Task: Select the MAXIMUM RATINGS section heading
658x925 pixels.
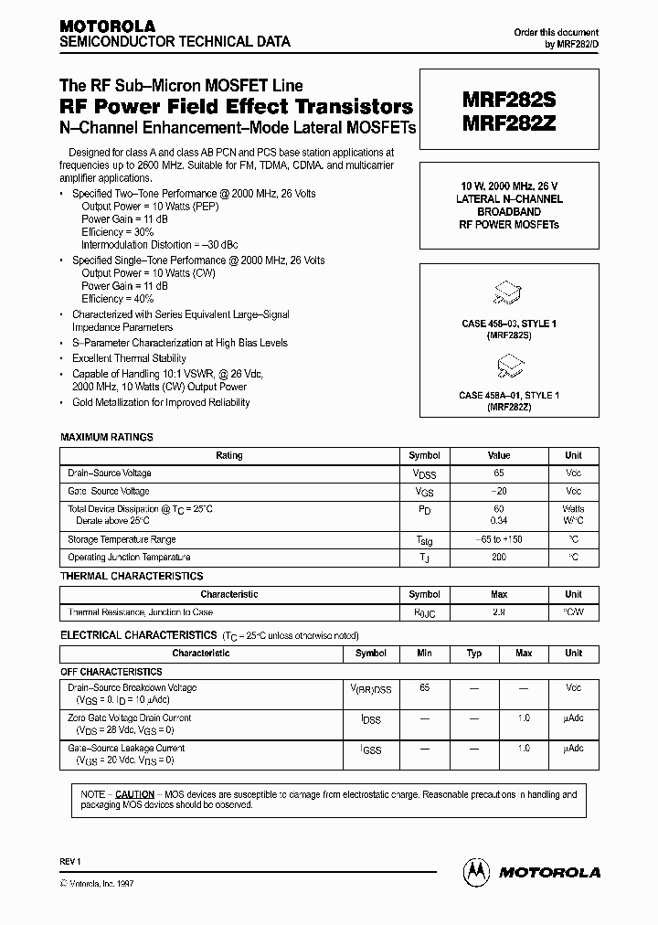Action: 107,438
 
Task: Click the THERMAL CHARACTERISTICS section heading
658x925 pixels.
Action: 132,577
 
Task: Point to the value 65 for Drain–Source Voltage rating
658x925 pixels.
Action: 499,473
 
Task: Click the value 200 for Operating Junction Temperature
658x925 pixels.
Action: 499,558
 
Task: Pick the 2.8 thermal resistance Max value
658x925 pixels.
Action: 499,612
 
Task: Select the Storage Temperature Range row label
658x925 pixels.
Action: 122,540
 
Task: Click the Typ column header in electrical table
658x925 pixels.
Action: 474,654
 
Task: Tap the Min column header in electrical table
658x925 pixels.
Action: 424,654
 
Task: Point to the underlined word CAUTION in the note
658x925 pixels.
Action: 134,794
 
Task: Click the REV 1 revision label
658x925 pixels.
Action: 71,862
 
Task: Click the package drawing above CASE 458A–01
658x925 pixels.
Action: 505,367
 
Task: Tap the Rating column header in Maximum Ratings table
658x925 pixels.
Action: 229,455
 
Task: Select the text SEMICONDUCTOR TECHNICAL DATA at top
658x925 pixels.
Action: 175,42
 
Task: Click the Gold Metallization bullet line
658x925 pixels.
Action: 161,402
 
